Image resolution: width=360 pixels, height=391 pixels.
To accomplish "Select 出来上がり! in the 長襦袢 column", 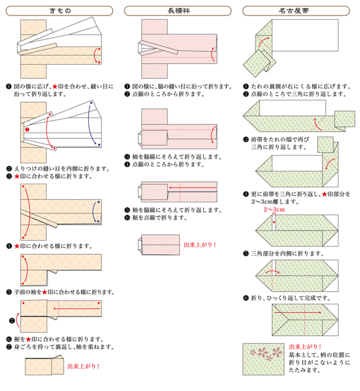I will coord(200,245).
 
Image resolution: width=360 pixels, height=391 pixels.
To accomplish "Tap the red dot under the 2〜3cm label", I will coord(271,218).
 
